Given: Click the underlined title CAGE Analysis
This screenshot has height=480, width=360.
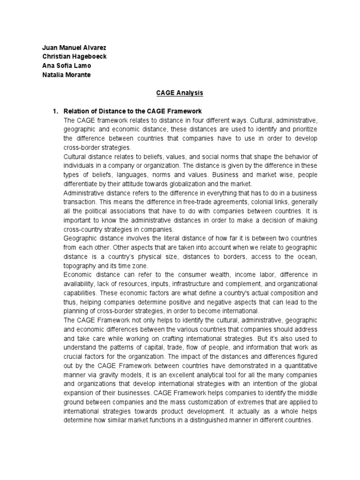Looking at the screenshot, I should pyautogui.click(x=180, y=93).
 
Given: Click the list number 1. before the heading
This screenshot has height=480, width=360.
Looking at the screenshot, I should pyautogui.click(x=55, y=111).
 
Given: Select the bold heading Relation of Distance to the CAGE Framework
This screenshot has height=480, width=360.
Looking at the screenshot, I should pyautogui.click(x=132, y=111).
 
